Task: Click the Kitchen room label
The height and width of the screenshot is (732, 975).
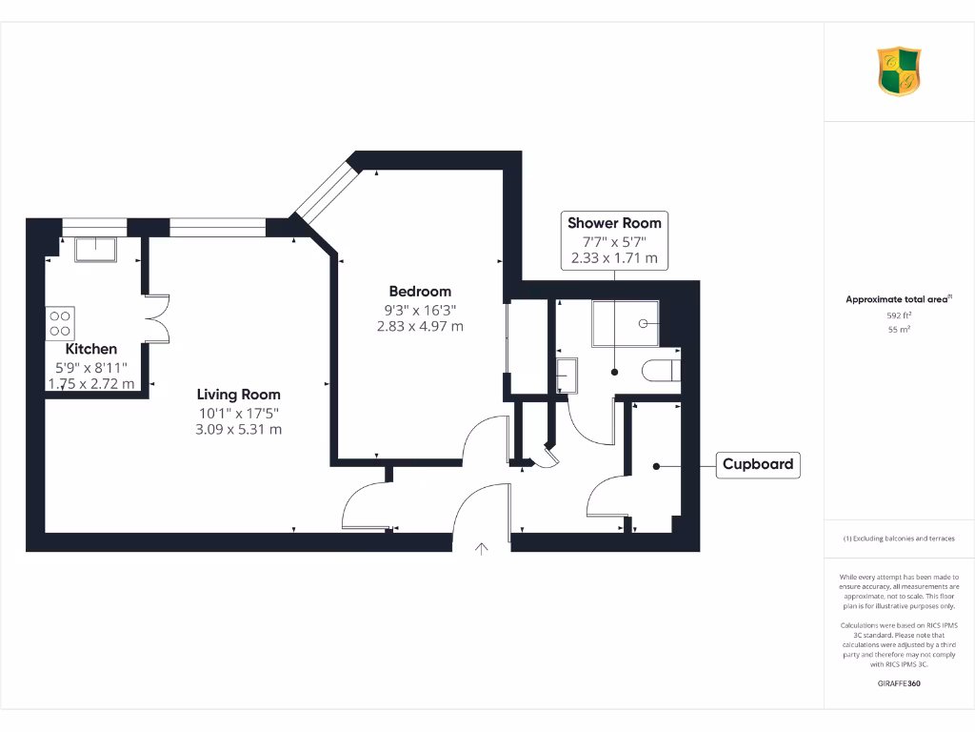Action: point(91,350)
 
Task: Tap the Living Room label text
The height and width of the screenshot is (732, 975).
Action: point(238,394)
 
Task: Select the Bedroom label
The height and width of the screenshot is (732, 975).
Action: point(419,291)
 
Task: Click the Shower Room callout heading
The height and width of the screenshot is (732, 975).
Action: point(614,222)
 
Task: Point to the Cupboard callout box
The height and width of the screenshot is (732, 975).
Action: point(758,465)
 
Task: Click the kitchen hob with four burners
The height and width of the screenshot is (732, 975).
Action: point(60,322)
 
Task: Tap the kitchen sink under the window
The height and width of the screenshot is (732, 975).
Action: point(95,249)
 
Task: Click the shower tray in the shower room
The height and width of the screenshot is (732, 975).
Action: point(625,322)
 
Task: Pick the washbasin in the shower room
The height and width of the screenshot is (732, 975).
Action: point(566,375)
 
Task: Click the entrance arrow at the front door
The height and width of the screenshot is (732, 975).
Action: point(482,549)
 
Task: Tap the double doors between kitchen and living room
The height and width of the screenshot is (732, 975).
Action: point(155,317)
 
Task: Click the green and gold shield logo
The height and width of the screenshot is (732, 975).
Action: point(898,71)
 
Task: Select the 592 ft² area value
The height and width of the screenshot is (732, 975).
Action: point(898,315)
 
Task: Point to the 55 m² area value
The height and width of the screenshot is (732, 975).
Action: point(898,330)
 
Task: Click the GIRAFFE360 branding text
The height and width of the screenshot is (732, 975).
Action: point(898,683)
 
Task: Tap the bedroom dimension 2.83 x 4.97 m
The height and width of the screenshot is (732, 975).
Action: point(419,326)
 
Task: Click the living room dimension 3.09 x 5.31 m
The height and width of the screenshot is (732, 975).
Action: point(238,429)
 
